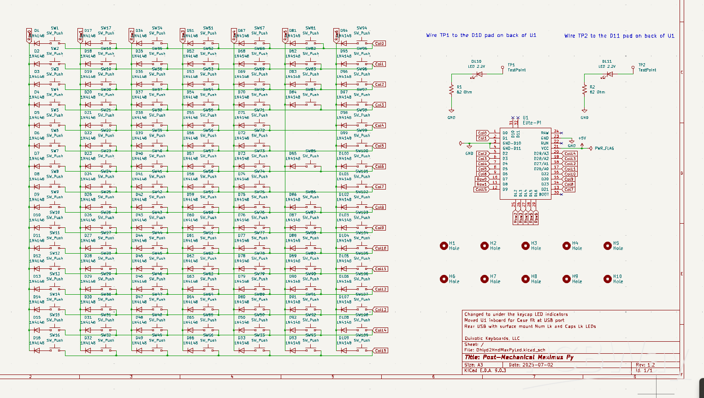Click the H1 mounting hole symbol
click(444, 246)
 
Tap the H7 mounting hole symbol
click(485, 279)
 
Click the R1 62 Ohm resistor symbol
click(451, 89)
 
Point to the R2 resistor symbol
click(585, 89)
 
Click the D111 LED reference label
click(607, 61)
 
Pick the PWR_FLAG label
click(604, 149)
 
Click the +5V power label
click(582, 138)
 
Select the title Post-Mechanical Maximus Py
click(519, 357)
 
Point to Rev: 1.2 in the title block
click(645, 365)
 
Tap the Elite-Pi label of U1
click(532, 123)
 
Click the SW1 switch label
click(55, 28)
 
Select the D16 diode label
click(37, 338)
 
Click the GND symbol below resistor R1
click(451, 111)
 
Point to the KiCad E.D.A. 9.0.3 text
click(485, 370)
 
